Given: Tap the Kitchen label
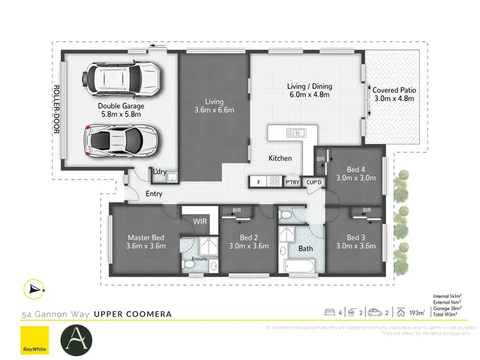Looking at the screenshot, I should pos(280,158).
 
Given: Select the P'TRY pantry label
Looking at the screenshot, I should pos(292,183).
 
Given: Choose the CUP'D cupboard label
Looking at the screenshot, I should pos(314,183).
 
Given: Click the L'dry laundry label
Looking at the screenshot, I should pos(158,171).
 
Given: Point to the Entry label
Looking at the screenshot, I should pos(154,194).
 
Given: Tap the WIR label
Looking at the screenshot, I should pos(200,222).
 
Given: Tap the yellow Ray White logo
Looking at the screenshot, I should pos(35,340).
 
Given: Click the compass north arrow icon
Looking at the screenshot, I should pos(34,290).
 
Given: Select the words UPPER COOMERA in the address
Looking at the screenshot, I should pos(132,315).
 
